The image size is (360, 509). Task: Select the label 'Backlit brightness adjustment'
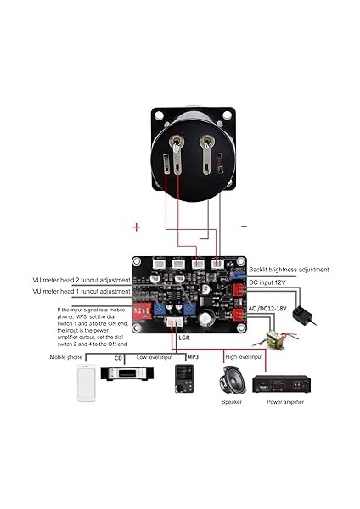[x=288, y=270]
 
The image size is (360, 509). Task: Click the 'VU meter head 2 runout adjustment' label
[x=80, y=279]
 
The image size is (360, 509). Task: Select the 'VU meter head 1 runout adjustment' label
[x=80, y=291]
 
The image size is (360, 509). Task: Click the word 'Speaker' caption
[x=232, y=402]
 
